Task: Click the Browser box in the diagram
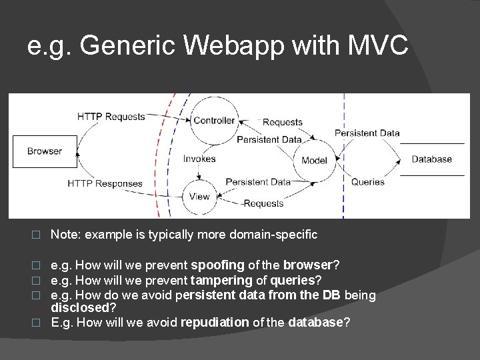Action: [x=45, y=151]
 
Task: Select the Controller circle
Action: [x=213, y=121]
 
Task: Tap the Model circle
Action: [x=314, y=161]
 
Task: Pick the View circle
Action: [x=199, y=196]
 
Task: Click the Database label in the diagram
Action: [x=431, y=159]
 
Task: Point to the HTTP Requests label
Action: [x=111, y=117]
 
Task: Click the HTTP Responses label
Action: [x=105, y=183]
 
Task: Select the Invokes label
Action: [x=199, y=159]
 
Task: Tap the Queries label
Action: [x=367, y=181]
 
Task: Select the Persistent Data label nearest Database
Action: [x=367, y=133]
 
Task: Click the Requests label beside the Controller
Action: [x=282, y=122]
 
